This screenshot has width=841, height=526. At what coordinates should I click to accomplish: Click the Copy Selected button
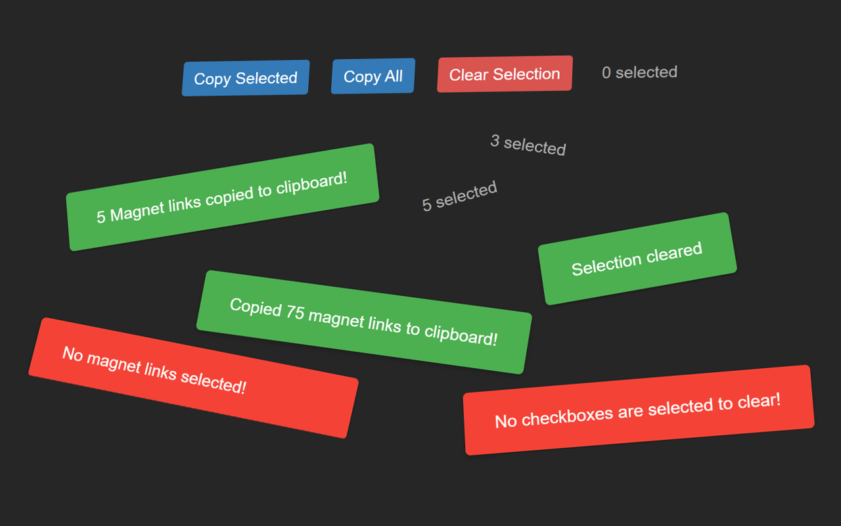point(246,78)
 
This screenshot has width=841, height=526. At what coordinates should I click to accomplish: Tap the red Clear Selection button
point(505,74)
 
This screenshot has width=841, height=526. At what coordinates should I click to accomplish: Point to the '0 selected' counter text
point(639,72)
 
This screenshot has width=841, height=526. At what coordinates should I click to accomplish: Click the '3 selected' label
point(528,145)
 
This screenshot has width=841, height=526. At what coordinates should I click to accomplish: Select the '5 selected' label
point(459,196)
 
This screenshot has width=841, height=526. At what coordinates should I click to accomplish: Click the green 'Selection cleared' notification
point(637,258)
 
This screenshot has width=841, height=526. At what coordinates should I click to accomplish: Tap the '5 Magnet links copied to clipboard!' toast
point(223,197)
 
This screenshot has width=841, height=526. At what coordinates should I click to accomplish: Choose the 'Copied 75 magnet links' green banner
point(364,322)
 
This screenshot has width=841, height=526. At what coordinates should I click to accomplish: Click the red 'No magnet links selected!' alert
point(193,377)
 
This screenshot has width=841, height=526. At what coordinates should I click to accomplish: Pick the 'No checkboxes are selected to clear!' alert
point(639,410)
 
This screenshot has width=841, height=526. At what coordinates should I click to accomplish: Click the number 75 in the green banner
point(295,312)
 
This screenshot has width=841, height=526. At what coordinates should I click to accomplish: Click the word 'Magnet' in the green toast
point(137,211)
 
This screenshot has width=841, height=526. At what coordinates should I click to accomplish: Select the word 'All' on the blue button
point(394,76)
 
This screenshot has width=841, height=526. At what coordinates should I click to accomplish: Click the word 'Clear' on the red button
point(469,75)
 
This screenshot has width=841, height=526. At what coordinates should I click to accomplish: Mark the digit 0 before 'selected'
point(606,73)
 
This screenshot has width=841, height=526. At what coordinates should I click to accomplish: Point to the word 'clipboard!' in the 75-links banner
point(461,335)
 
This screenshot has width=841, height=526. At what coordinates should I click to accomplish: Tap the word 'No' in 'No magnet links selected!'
point(72,354)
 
